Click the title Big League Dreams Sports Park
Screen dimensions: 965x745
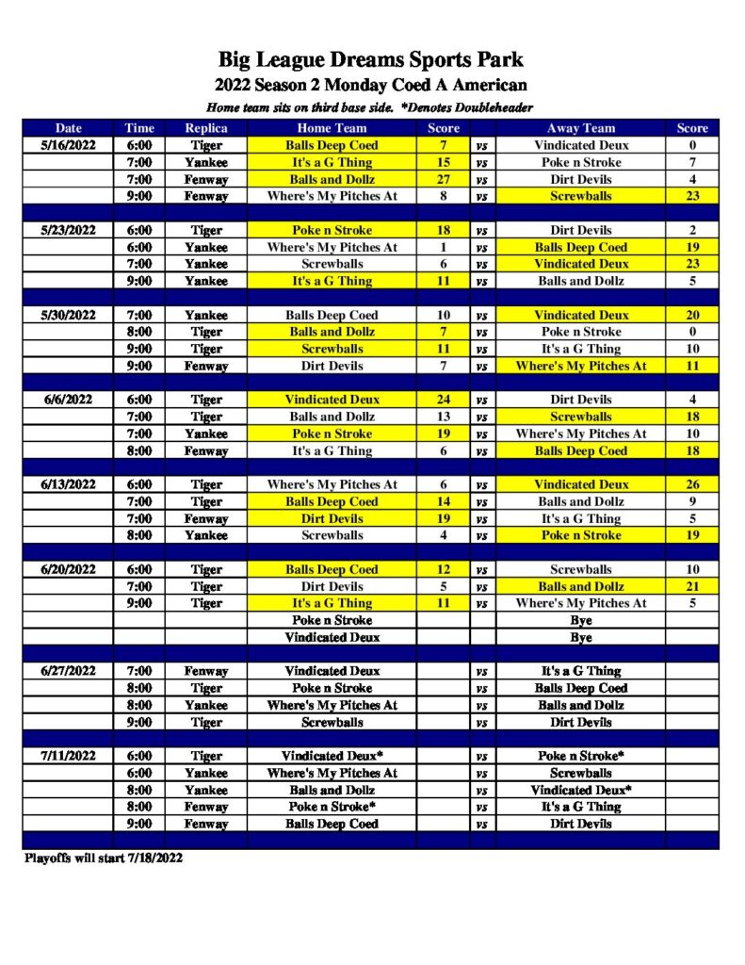(371, 61)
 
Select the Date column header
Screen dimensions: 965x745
(68, 128)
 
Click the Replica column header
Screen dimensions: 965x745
(206, 128)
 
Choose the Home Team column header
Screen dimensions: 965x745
(332, 128)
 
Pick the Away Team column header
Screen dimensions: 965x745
(580, 128)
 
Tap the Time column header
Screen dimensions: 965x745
(139, 128)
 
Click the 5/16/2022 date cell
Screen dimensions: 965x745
(68, 145)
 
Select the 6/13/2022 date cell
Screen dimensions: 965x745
(68, 484)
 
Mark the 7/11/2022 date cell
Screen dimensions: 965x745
(68, 756)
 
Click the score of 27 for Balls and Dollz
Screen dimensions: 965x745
(444, 179)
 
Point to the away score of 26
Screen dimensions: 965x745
(692, 484)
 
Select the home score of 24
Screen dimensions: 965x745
(444, 400)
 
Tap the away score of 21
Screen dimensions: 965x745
(692, 586)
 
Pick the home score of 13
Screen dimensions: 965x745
(444, 417)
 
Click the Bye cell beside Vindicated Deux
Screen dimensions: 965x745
(580, 637)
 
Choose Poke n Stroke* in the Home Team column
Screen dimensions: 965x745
(332, 807)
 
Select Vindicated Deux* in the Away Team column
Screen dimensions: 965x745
(580, 790)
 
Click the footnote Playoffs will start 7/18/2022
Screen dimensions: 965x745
(103, 858)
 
